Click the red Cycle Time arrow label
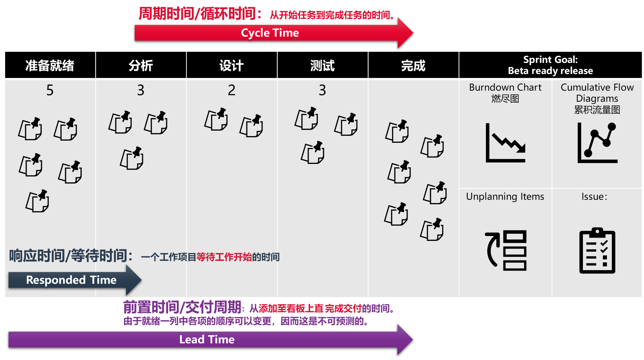(270, 33)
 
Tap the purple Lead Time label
(207, 339)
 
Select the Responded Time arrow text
(71, 280)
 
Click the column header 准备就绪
(50, 65)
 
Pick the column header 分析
(141, 65)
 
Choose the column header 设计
(231, 65)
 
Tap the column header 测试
(322, 65)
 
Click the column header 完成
(413, 65)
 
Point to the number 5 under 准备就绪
(50, 90)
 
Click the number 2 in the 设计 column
(232, 90)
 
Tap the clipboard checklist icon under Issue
(597, 251)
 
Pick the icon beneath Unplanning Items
(506, 250)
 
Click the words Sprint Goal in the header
(550, 60)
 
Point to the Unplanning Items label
(505, 196)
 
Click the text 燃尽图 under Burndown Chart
(505, 99)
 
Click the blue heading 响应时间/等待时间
(71, 256)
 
